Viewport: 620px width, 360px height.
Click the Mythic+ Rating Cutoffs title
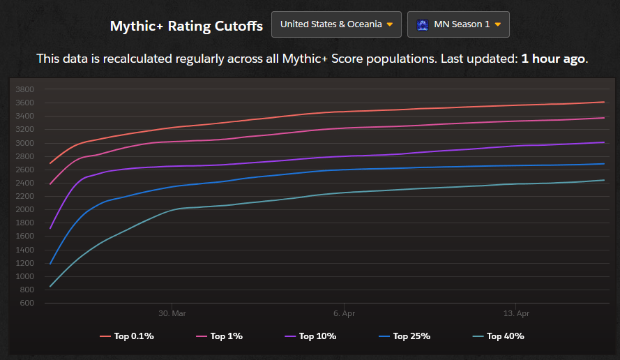tap(186, 26)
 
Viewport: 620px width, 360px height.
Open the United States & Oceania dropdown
tap(336, 24)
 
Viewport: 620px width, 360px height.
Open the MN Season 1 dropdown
tap(458, 24)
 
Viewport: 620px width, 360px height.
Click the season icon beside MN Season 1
tap(422, 24)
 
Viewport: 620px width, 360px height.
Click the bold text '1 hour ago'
tap(553, 59)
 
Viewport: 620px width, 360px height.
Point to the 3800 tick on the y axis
tap(25, 89)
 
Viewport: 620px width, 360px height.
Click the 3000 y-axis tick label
tap(25, 143)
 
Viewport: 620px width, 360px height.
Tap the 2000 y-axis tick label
tap(25, 209)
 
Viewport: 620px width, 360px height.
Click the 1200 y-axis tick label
tap(25, 263)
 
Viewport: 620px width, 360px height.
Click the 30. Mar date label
tap(172, 313)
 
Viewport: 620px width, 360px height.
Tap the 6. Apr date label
tap(344, 313)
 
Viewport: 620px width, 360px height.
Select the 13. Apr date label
tap(515, 313)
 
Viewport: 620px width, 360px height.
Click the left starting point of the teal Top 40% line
tap(50, 286)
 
